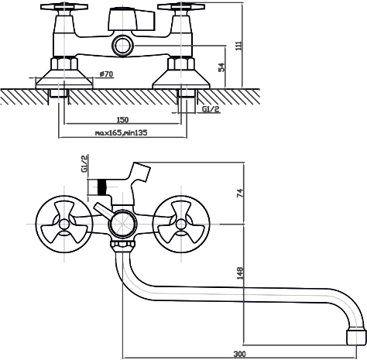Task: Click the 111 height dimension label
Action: tap(239, 46)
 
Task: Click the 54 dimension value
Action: tap(221, 67)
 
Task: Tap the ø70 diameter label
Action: tap(106, 74)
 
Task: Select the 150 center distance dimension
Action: tap(122, 119)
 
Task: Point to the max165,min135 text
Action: tap(122, 132)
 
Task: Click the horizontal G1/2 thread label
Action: tap(211, 109)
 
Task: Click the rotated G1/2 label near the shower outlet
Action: tap(84, 163)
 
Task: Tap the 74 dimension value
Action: tap(240, 194)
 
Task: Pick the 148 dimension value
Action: tap(240, 273)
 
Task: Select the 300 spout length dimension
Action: tap(239, 354)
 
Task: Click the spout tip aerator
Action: tap(356, 335)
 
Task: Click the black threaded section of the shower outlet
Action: tap(102, 187)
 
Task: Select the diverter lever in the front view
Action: tap(103, 211)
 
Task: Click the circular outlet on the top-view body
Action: tap(123, 46)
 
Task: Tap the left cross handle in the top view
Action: tap(64, 7)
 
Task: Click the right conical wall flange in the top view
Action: tap(181, 79)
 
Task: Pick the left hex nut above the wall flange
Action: tap(64, 63)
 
